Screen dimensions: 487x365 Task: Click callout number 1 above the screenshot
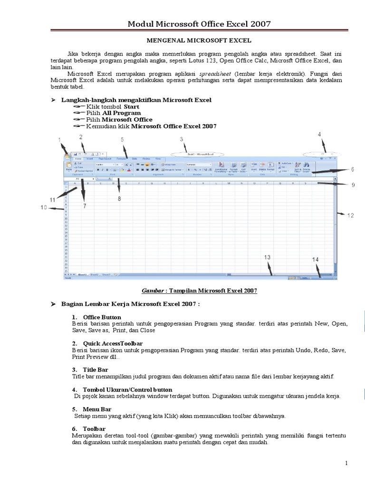click(x=60, y=140)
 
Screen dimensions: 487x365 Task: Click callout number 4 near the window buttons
click(x=320, y=135)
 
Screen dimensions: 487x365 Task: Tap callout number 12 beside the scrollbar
click(x=350, y=215)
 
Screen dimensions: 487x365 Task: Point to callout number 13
click(x=268, y=257)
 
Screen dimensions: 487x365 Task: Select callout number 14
click(x=316, y=260)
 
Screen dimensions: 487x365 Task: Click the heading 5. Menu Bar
click(x=96, y=409)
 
